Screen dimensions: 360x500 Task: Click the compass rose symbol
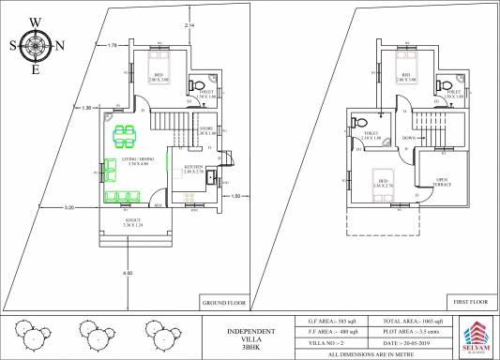click(36, 44)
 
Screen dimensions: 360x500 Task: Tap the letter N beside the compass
click(61, 45)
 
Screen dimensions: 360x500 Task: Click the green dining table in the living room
click(124, 137)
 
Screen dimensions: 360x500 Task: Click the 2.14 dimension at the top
click(189, 23)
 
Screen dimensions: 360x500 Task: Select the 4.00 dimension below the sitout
click(128, 273)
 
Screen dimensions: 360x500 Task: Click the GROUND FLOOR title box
click(222, 303)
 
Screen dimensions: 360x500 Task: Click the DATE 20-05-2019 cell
click(407, 343)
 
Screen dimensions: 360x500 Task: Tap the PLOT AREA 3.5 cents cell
click(407, 332)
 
